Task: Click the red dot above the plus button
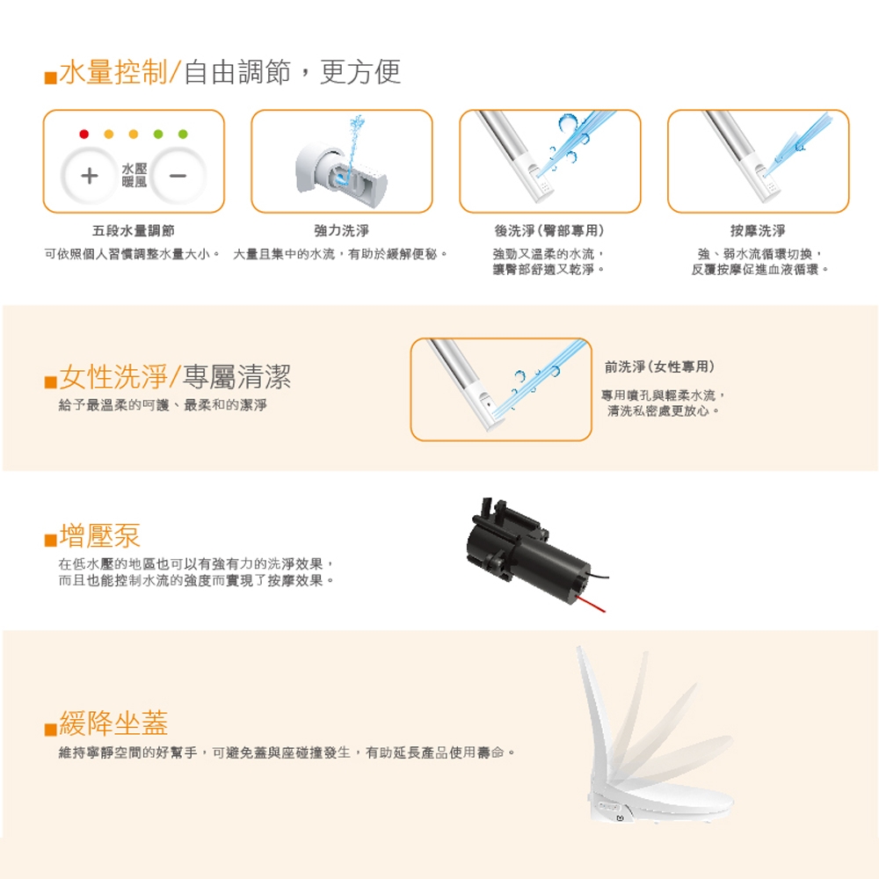point(84,134)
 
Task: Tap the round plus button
point(89,176)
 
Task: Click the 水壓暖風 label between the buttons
point(134,176)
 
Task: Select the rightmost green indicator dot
point(183,134)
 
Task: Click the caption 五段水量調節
point(134,230)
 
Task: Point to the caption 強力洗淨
point(341,230)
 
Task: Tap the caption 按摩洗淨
point(758,230)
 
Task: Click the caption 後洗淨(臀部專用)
point(549,230)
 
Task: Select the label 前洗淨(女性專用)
point(659,367)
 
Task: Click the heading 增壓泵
point(100,535)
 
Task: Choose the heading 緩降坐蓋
point(113,723)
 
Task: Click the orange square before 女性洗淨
point(50,381)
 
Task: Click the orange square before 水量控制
point(50,77)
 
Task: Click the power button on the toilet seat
point(620,818)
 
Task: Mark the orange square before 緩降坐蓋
point(50,728)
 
